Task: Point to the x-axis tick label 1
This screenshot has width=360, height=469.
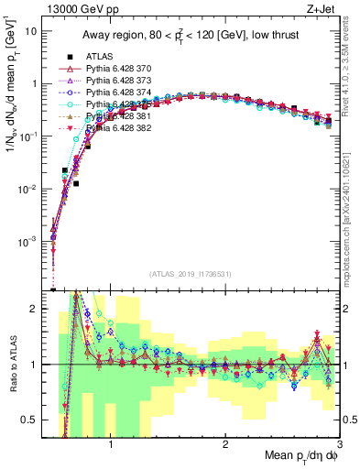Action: coord(111,442)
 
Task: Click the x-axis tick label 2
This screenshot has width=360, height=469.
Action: coord(225,442)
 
